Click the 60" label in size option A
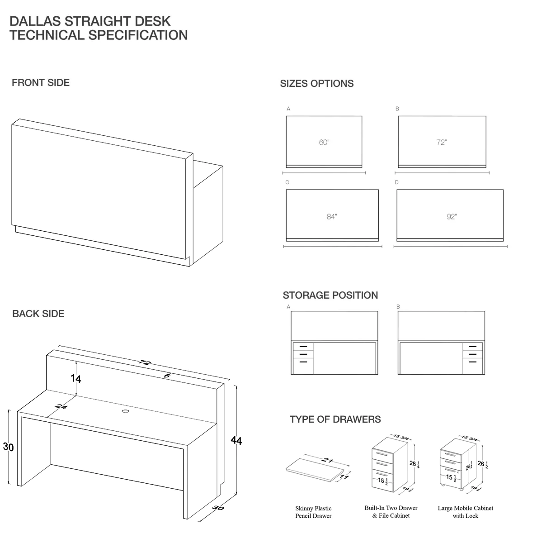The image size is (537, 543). pos(324,143)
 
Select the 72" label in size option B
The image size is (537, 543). pos(442,143)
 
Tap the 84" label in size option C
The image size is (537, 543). pos(332,217)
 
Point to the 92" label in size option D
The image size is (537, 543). pos(452,217)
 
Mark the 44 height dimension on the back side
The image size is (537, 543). pos(236,440)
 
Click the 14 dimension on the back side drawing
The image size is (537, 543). pos(76,379)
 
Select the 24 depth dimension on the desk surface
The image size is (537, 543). pos(61,407)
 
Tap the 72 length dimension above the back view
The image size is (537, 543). pos(145,362)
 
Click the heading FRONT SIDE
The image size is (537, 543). pos(41,83)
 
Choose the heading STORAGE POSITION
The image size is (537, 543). pos(330,295)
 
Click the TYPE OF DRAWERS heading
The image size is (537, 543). pos(335,419)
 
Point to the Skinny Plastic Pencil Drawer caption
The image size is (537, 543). pos(313,512)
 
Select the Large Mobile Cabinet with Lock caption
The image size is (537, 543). pos(465,512)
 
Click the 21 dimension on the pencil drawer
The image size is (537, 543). pos(327,461)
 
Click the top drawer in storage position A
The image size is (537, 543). pos(303,347)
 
